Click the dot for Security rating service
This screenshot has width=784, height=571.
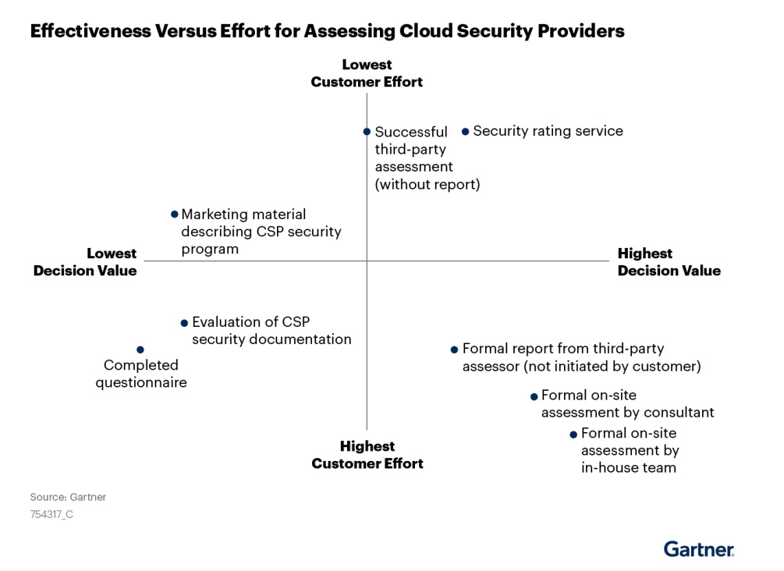[x=465, y=132]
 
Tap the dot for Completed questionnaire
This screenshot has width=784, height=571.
[x=140, y=349]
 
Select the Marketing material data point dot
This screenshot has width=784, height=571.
[x=175, y=215]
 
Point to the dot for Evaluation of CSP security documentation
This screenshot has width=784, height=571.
[x=185, y=323]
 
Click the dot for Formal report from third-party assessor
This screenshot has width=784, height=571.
[x=454, y=349]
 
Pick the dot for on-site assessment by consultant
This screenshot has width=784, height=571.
[x=534, y=396]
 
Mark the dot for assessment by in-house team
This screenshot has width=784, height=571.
[x=573, y=434]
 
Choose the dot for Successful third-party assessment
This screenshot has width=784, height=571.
[x=367, y=132]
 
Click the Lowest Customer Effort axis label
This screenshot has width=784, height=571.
[x=367, y=73]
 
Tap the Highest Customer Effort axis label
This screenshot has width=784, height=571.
[x=367, y=455]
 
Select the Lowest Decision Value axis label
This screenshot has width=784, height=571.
[x=85, y=262]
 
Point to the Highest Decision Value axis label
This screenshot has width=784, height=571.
[x=669, y=262]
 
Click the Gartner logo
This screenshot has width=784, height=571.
[x=699, y=549]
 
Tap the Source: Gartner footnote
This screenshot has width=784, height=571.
[x=68, y=497]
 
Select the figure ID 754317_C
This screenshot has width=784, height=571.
[x=51, y=514]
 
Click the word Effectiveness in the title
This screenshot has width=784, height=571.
[x=90, y=31]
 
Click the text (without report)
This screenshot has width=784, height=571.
[x=427, y=185]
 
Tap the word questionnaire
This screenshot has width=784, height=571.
[x=141, y=382]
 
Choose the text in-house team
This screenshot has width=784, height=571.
[x=629, y=468]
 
